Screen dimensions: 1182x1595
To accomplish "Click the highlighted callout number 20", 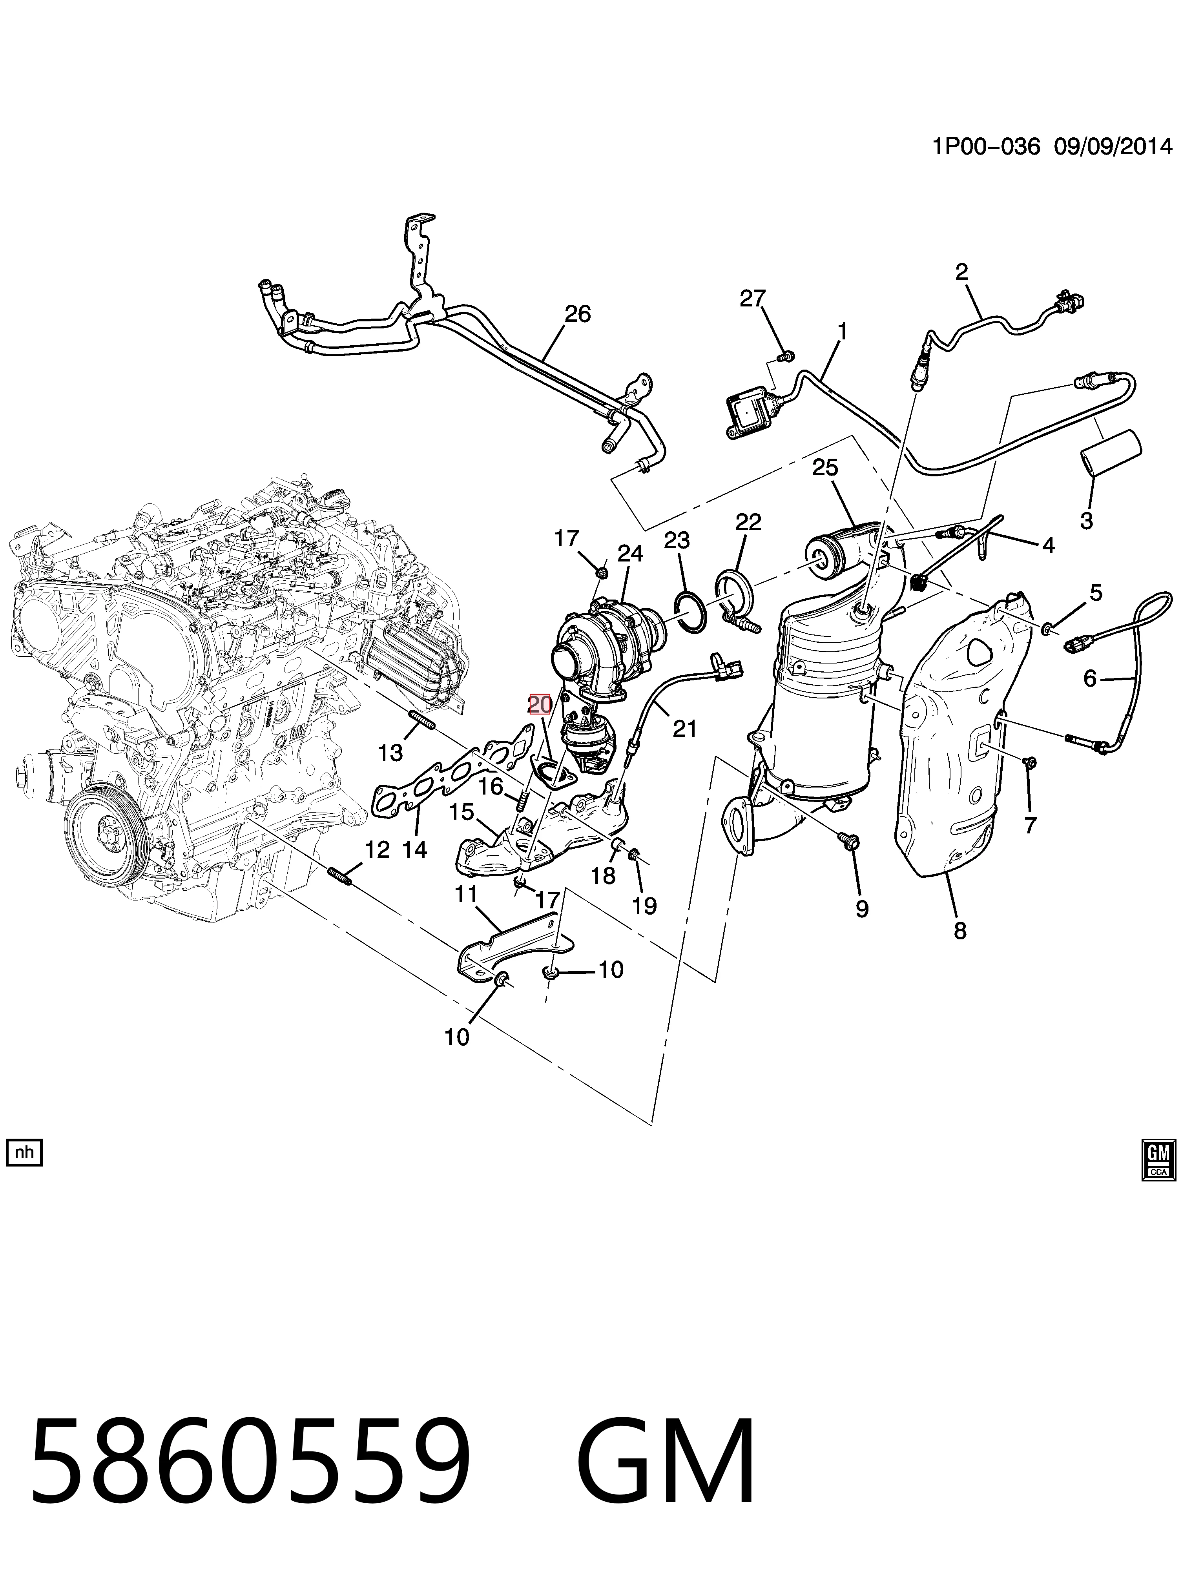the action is tap(540, 705).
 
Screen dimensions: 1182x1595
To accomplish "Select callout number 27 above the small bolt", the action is tap(753, 298).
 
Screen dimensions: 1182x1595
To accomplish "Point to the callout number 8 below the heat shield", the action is tap(959, 931).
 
